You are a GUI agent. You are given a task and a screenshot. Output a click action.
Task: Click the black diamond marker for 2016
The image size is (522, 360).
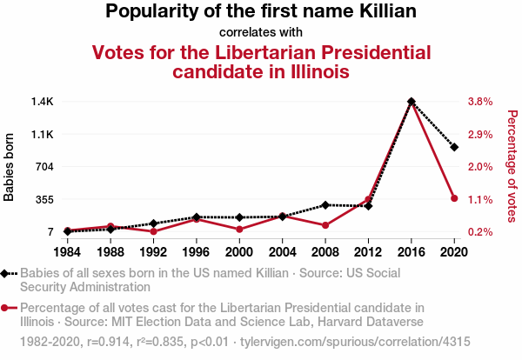point(412,102)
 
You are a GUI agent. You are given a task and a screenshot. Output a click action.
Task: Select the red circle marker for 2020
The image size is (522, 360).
point(454,198)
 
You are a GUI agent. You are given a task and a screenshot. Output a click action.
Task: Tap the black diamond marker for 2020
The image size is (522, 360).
point(454,147)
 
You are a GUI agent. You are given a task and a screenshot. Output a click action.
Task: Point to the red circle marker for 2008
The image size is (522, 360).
point(325,225)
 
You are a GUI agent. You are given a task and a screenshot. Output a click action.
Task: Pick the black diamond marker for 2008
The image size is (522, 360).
point(325,204)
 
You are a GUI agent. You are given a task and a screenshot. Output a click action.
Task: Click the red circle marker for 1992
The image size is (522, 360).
point(153,231)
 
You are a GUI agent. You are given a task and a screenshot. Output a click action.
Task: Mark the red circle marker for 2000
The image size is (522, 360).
point(239,230)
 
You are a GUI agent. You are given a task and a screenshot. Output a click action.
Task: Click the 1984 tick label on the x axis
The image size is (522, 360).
point(67,251)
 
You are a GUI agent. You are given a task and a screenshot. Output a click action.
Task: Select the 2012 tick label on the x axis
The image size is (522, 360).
point(368,251)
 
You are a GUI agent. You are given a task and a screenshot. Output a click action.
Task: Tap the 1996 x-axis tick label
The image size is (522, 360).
point(197,251)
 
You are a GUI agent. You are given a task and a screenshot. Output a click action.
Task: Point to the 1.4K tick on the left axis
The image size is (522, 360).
point(43,102)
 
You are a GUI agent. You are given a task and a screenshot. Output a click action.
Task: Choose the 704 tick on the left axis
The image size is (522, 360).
point(44,167)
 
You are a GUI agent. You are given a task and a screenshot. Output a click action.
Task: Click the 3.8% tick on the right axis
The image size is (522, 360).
point(480,102)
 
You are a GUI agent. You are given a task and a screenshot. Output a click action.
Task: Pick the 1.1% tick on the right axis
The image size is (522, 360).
point(480,199)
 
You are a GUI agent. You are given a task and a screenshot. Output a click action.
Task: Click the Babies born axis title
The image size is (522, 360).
point(10,167)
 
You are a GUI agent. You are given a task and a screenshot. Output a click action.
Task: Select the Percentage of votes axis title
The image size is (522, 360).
point(512,167)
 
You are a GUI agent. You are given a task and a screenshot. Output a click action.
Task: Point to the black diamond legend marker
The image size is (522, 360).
point(7,273)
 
